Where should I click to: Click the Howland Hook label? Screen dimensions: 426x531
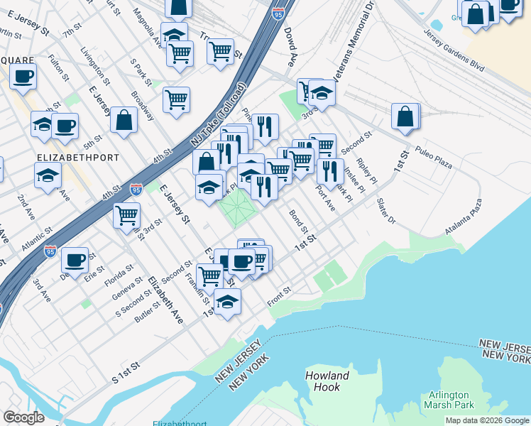(x=327, y=381)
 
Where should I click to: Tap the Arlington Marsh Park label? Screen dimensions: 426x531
(x=448, y=400)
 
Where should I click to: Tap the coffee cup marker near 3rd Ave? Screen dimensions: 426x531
(x=74, y=261)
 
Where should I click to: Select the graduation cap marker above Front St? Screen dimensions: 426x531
(x=227, y=302)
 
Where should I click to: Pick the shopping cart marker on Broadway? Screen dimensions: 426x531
(x=176, y=99)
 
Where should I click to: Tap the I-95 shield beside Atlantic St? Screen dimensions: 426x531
(x=50, y=251)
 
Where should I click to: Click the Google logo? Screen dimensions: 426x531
(x=24, y=417)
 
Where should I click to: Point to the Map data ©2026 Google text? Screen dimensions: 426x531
(x=487, y=420)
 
